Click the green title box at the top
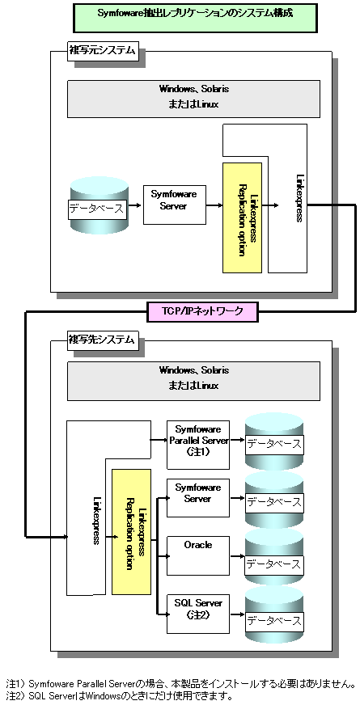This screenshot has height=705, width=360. tap(195, 18)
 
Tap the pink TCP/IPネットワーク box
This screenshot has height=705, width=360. tap(202, 311)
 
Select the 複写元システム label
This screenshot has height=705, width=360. tap(102, 50)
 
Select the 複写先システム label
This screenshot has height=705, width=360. tap(102, 340)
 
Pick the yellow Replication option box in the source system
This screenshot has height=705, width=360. tap(242, 217)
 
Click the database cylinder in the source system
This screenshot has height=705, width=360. tap(100, 205)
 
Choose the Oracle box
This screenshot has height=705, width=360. tap(198, 556)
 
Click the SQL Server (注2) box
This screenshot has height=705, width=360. tap(198, 614)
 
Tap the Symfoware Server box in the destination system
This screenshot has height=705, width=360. tap(198, 498)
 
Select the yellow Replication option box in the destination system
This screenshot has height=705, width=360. tap(131, 532)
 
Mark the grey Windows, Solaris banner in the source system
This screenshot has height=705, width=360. tap(193, 99)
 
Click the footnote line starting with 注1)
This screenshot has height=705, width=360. tap(180, 684)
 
